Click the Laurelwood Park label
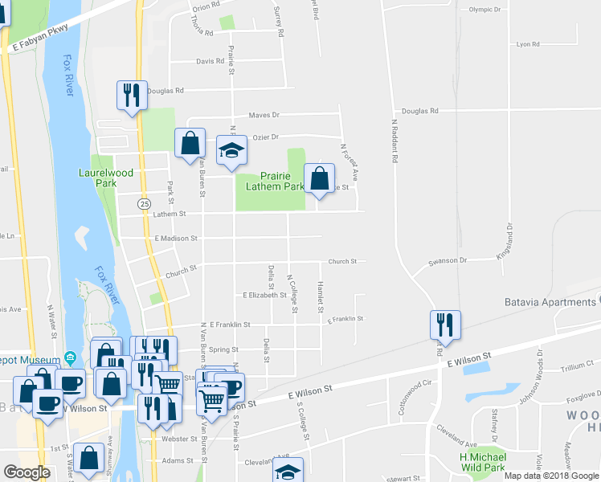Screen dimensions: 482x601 tap(105, 177)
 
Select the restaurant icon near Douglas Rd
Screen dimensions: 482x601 tap(130, 95)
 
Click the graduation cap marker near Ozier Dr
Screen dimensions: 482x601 tap(231, 150)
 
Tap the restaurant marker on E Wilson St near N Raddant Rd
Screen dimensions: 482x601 tap(444, 325)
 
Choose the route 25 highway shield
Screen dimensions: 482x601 tap(143, 205)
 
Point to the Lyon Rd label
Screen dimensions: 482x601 tap(527, 45)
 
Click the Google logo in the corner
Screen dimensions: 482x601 tap(27, 472)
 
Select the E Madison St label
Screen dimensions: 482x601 tap(176, 239)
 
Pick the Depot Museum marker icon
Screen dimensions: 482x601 tap(70, 357)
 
